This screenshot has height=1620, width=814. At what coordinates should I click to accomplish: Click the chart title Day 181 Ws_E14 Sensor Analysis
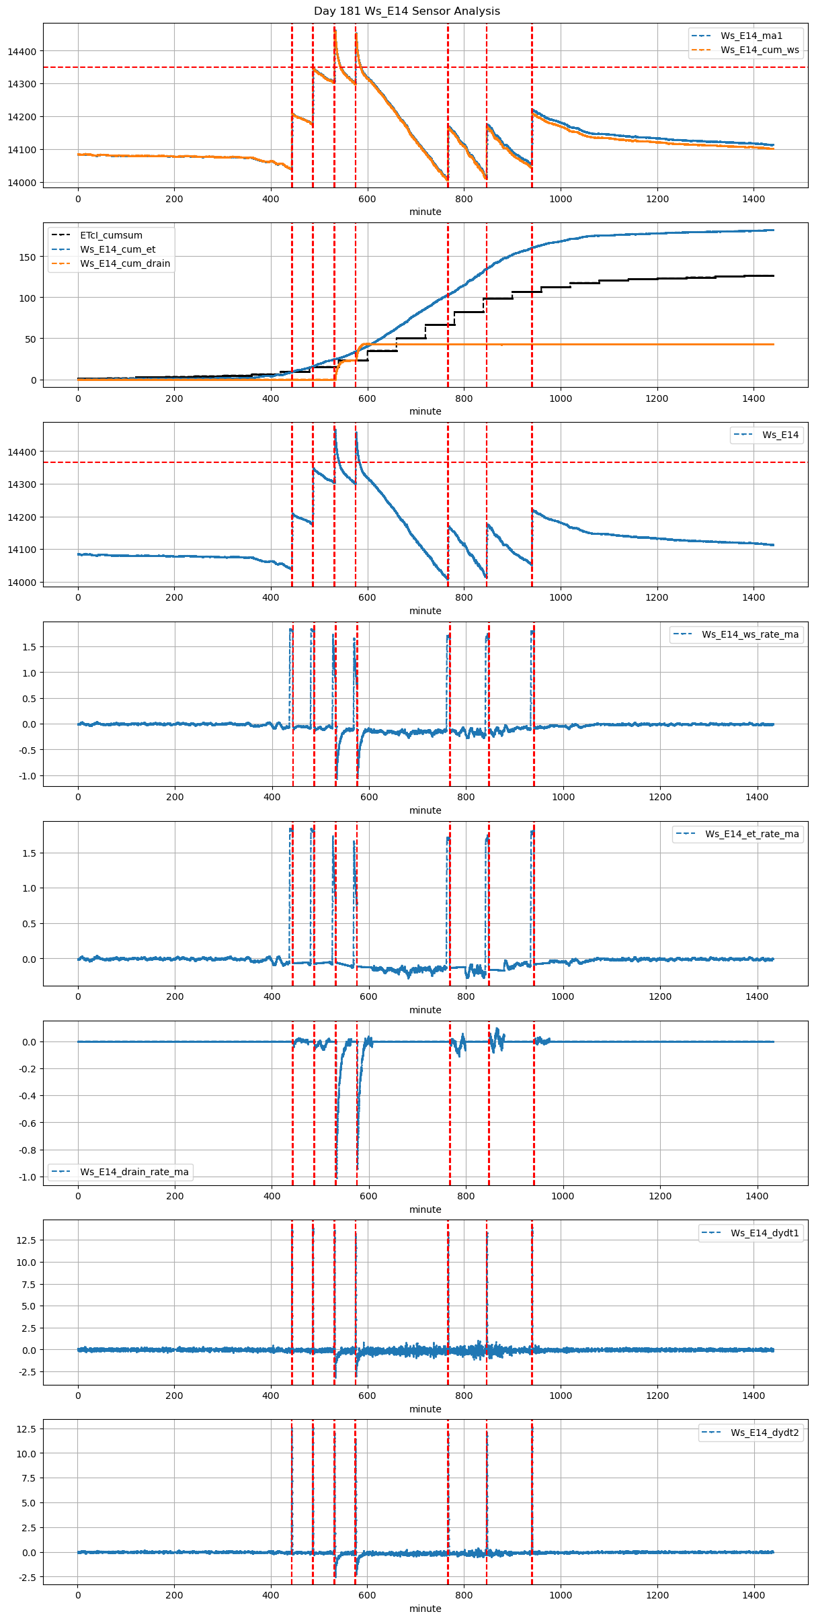coord(407,11)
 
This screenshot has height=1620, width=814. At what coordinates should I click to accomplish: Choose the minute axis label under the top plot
coord(425,212)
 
